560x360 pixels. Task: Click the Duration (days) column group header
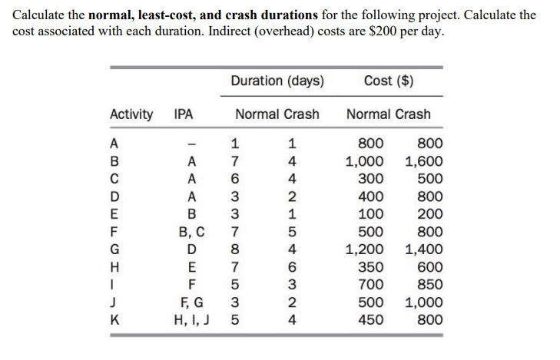(277, 81)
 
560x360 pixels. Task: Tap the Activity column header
(131, 114)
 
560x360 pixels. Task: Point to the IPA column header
(184, 114)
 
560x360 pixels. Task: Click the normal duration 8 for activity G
(236, 249)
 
